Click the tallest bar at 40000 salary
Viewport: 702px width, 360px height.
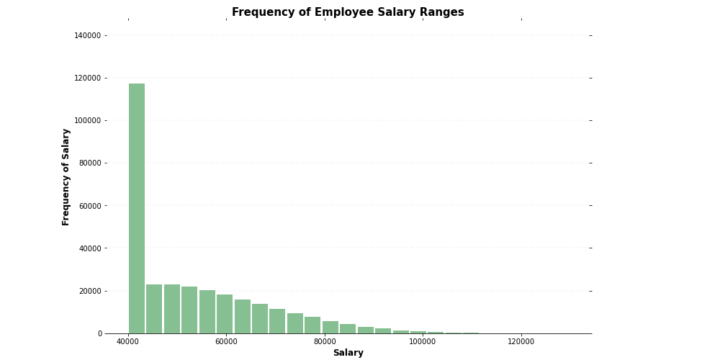[137, 208]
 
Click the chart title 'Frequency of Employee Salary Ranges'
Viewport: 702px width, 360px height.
[348, 12]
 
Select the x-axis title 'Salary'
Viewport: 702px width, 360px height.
[348, 353]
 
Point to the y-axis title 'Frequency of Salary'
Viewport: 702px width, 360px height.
[66, 177]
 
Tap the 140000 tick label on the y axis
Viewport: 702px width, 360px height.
[88, 35]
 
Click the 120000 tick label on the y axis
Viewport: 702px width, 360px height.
[88, 78]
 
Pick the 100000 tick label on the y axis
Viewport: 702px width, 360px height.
[88, 120]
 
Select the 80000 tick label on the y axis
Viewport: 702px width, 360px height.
[90, 163]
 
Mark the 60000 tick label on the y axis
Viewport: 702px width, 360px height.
[90, 206]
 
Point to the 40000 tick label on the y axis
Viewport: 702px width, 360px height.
[90, 248]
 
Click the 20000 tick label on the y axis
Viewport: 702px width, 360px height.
[90, 291]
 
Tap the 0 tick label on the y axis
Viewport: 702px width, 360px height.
[99, 333]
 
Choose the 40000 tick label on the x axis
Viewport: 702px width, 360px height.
[128, 341]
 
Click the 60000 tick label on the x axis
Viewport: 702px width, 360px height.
[226, 341]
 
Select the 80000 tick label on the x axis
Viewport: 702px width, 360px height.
[325, 341]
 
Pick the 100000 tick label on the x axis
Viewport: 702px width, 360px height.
[423, 341]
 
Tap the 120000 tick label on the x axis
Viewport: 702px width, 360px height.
[521, 341]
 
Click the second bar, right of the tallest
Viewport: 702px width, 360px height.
[154, 309]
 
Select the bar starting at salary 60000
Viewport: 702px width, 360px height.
[225, 314]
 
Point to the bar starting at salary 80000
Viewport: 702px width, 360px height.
[330, 328]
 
